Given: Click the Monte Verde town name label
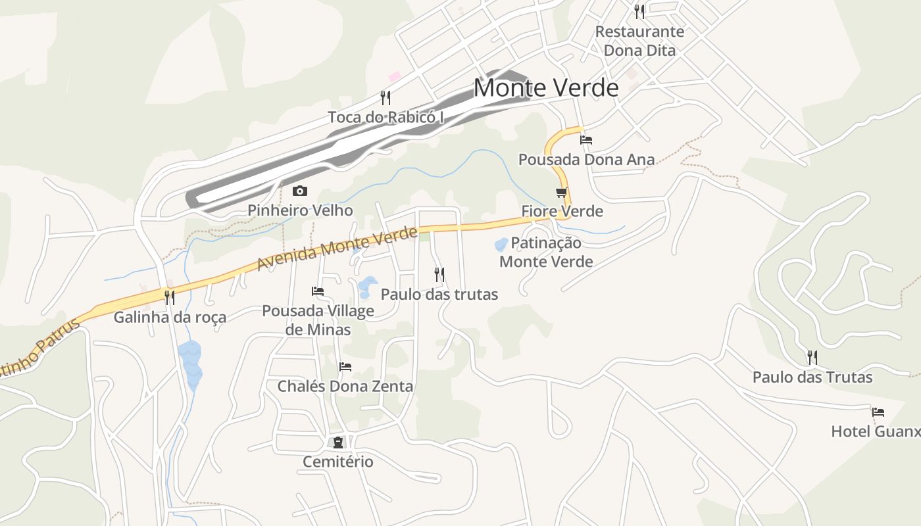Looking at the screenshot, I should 546,88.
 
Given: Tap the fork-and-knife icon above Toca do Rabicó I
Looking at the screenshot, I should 386,98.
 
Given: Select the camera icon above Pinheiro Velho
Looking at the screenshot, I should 300,191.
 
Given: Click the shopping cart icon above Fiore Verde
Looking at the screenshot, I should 561,193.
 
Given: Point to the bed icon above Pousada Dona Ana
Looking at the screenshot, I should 586,139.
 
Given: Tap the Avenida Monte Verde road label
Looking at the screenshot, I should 337,249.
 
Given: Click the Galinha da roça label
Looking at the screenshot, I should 170,318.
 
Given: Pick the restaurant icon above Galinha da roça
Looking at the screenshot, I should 170,298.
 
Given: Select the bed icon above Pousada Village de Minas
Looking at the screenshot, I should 318,291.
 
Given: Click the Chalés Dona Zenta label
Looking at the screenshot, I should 345,386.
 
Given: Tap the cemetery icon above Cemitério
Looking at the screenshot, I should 338,442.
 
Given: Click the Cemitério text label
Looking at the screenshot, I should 338,462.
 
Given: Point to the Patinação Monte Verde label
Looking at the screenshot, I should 546,252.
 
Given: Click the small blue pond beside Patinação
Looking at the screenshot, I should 501,245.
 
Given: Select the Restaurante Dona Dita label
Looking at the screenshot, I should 639,41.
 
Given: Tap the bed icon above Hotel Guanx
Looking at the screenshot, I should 878,412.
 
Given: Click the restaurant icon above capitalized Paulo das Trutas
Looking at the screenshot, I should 812,358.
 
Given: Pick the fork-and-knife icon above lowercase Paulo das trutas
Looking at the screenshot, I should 439,275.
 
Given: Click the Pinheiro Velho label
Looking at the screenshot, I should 300,210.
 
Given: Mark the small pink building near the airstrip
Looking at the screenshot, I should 395,77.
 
